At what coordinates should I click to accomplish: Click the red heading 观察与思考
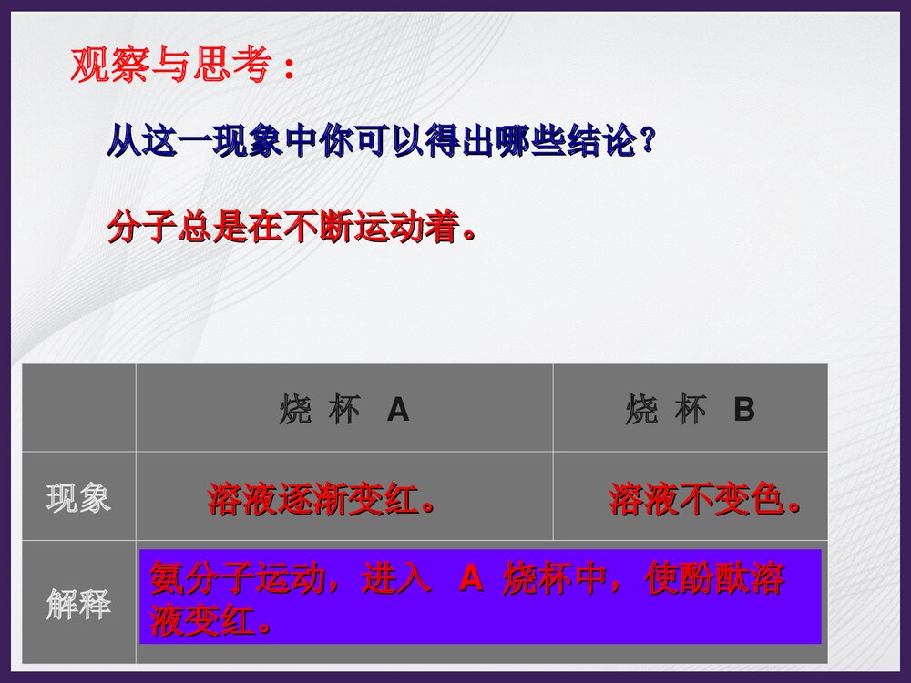(170, 66)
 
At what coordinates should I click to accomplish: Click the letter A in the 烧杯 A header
(398, 411)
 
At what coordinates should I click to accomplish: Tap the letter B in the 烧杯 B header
(744, 411)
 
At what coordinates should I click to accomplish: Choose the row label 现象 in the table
(78, 498)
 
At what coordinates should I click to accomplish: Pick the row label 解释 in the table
(78, 604)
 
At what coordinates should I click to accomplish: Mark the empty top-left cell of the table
(78, 408)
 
